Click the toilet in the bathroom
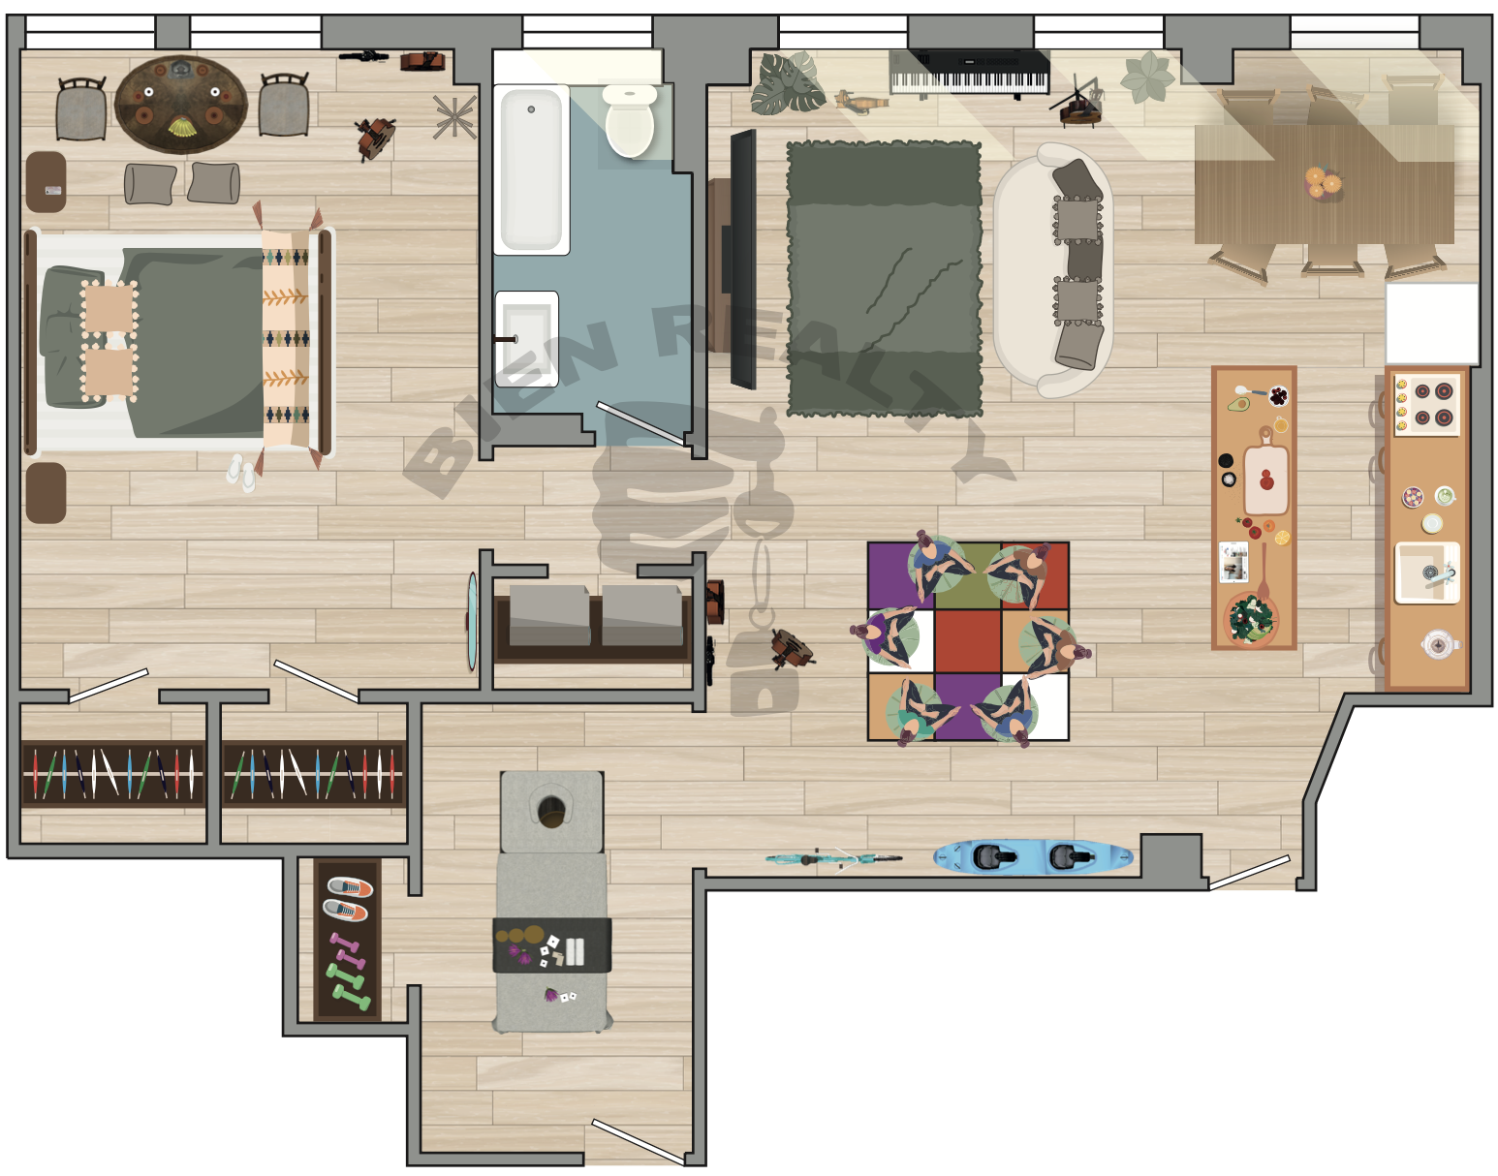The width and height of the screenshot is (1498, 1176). click(629, 120)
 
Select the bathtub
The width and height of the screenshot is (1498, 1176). click(531, 170)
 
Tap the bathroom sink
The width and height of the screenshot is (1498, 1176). click(527, 339)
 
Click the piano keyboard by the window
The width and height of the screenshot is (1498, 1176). click(969, 72)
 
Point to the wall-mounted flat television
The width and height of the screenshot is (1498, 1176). click(743, 259)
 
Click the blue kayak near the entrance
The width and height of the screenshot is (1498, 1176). click(1033, 857)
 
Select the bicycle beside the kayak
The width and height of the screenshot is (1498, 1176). click(834, 858)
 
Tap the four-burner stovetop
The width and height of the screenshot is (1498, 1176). click(1426, 405)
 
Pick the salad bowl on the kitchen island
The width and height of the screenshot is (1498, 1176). click(1251, 619)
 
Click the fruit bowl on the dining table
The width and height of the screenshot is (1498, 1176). click(1323, 182)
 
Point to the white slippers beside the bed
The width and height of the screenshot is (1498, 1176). click(242, 473)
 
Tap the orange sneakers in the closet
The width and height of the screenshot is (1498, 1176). click(348, 899)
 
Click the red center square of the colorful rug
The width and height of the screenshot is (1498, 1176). click(967, 640)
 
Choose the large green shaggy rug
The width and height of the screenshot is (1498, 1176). click(885, 279)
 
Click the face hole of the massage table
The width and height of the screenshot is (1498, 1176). click(550, 812)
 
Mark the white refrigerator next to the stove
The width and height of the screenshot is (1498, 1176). click(1432, 324)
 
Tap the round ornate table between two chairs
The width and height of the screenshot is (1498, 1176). click(180, 104)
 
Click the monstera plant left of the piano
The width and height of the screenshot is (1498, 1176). click(787, 82)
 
